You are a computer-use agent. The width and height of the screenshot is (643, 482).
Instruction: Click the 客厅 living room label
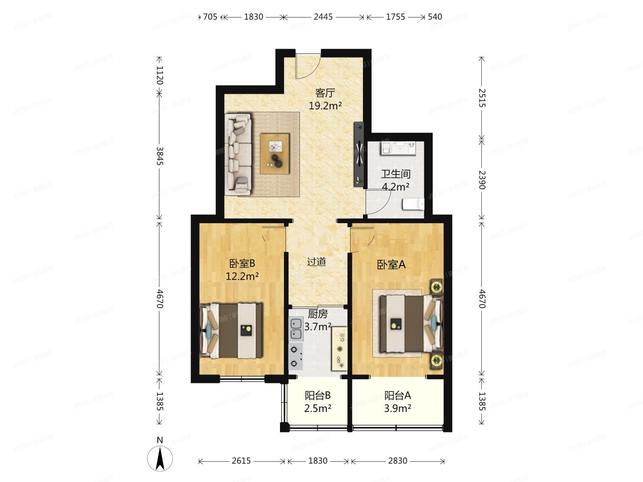pyautogui.click(x=325, y=93)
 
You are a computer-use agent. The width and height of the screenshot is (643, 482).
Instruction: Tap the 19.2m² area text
pyautogui.click(x=325, y=106)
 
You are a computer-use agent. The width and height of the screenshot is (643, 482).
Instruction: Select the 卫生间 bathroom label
pyautogui.click(x=395, y=174)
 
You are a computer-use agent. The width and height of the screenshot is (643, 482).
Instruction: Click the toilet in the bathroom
pyautogui.click(x=413, y=204)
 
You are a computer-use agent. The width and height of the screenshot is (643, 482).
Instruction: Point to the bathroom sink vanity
pyautogui.click(x=398, y=148)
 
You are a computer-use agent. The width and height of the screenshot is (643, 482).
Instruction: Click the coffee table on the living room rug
pyautogui.click(x=275, y=154)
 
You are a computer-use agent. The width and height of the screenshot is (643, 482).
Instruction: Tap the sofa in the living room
pyautogui.click(x=238, y=154)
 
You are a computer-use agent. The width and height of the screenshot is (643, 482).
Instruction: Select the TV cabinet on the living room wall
pyautogui.click(x=359, y=154)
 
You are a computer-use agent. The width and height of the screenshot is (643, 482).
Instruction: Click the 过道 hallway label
pyautogui.click(x=316, y=262)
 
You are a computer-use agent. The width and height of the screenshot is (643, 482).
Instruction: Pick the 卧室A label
pyautogui.click(x=391, y=265)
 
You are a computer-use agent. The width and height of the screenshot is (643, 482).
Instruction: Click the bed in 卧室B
pyautogui.click(x=231, y=331)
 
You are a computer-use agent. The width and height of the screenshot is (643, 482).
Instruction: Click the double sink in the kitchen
pyautogui.click(x=296, y=328)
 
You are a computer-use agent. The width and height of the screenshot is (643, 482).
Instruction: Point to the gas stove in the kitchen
pyautogui.click(x=296, y=356)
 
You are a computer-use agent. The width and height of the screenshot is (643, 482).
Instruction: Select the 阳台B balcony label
pyautogui.click(x=317, y=395)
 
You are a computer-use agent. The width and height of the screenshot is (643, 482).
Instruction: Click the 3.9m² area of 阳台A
pyautogui.click(x=397, y=408)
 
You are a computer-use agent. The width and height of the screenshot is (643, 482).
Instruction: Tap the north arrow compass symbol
pyautogui.click(x=160, y=458)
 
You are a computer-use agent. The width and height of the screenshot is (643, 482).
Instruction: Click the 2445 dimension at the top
pyautogui.click(x=323, y=17)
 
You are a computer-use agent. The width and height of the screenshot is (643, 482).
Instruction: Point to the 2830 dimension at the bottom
pyautogui.click(x=397, y=461)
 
